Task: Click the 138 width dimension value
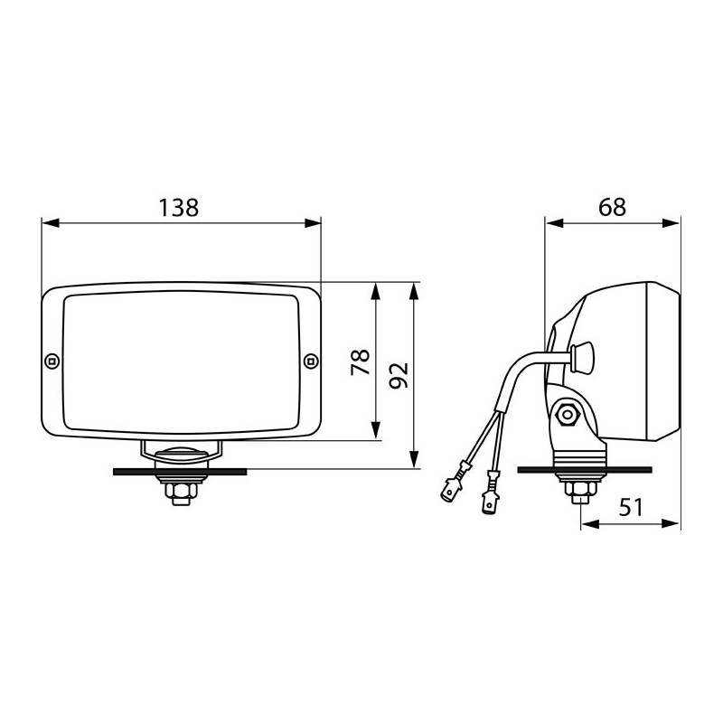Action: [x=179, y=207]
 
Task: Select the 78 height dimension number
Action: [x=361, y=362]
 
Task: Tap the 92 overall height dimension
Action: [x=399, y=374]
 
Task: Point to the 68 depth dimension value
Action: [x=612, y=207]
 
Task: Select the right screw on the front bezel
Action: [x=311, y=361]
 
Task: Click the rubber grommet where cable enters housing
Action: [x=583, y=355]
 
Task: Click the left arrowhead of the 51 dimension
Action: [x=583, y=523]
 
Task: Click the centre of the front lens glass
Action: [x=181, y=361]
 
